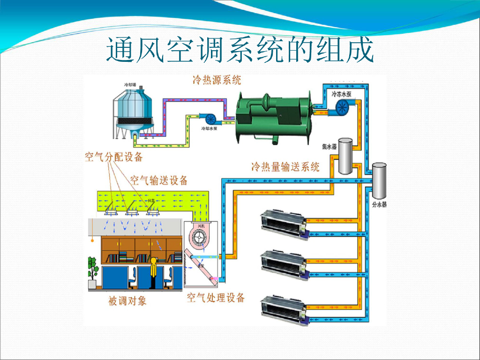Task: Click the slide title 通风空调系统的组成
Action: point(240,51)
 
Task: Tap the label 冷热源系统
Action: point(217,80)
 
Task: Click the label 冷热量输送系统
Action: point(285,166)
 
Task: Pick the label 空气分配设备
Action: point(113,157)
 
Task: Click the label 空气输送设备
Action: point(159,180)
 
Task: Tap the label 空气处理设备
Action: point(216,298)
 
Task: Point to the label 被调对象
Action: point(127,300)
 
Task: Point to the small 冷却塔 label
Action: point(130,85)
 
